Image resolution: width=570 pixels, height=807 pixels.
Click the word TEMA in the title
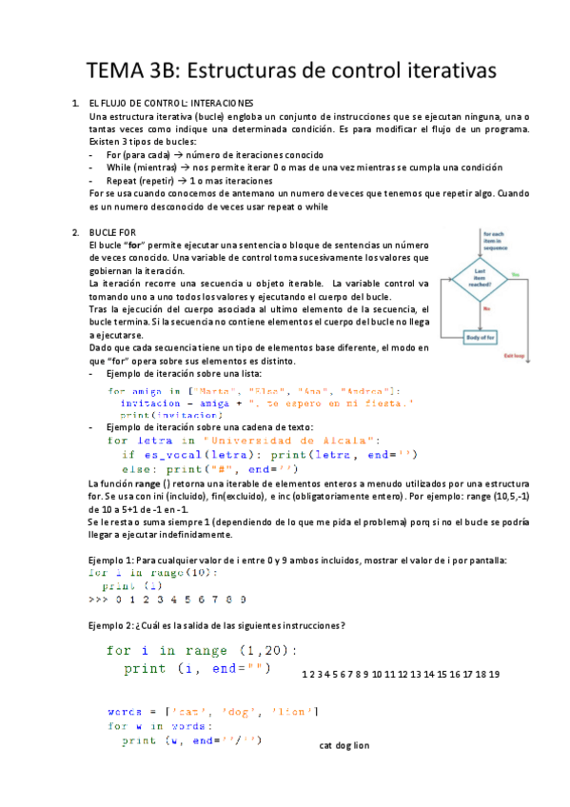click(x=112, y=70)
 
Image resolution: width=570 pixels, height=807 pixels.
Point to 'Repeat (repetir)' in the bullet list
click(x=144, y=180)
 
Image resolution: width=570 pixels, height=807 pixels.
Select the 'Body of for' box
click(x=481, y=337)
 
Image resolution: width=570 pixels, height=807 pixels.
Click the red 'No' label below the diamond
click(x=486, y=308)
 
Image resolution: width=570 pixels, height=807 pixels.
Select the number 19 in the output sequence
click(x=493, y=674)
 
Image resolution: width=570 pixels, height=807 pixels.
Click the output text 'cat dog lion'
click(x=344, y=745)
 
